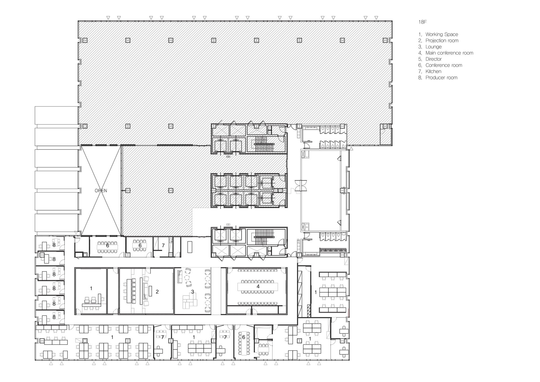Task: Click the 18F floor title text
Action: (423, 22)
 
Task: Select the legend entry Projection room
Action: (442, 41)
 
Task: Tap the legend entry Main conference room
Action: (449, 53)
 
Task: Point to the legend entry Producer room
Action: (441, 78)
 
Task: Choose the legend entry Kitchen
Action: (433, 71)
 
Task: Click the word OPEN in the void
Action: (101, 190)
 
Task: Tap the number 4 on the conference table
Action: (258, 286)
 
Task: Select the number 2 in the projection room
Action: (157, 291)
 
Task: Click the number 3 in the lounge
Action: (193, 291)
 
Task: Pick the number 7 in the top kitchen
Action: (163, 245)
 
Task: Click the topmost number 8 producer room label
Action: (54, 245)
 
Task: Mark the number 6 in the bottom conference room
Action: (244, 337)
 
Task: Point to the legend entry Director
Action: (433, 59)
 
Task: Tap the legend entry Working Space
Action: (441, 34)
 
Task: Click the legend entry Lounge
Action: (433, 47)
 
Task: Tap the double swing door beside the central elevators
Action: (301, 185)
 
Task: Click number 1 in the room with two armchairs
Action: (91, 289)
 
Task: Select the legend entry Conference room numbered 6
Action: (444, 65)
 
